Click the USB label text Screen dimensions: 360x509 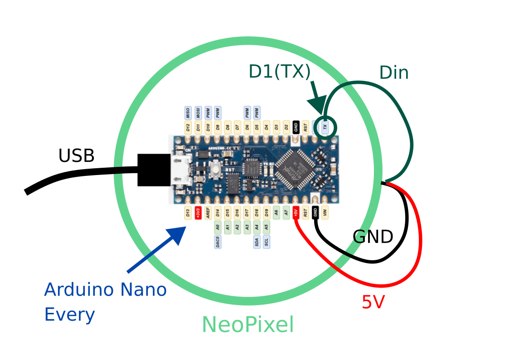pos(76,156)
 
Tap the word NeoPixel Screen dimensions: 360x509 pos(247,325)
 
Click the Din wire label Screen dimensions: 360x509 pos(394,73)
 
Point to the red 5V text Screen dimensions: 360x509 pos(373,302)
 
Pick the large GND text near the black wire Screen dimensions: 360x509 pos(373,237)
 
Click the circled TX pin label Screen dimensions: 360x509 pos(325,126)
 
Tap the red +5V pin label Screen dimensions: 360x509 pos(296,213)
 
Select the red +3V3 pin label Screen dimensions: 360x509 pos(198,213)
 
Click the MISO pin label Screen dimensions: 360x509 pos(188,112)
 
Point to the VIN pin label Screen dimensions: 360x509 pos(325,213)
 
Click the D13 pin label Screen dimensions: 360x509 pos(188,213)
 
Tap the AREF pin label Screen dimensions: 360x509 pos(208,213)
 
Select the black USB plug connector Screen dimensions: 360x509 pos(154,170)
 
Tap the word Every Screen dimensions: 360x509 pos(69,315)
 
